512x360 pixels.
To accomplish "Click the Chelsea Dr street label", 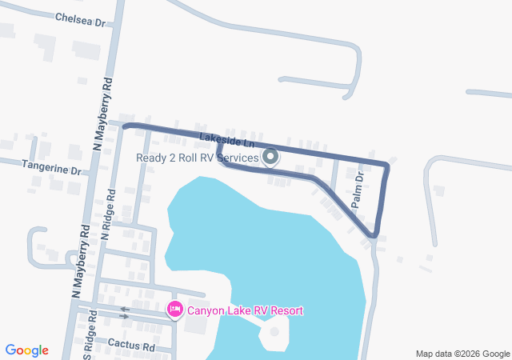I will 80,18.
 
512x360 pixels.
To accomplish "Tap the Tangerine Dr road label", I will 53,170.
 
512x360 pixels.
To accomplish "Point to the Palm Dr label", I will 358,190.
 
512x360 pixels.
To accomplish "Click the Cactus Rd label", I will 127,346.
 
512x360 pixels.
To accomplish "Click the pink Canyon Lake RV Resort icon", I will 174,309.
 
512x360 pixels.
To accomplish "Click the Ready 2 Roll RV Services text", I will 198,158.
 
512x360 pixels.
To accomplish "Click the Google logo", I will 27,350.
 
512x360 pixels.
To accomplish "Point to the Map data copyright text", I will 462,354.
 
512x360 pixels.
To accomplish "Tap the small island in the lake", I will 274,331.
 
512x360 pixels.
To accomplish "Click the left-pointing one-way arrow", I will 124,309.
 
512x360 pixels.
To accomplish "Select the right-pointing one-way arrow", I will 124,316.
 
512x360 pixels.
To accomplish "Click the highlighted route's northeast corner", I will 387,166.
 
